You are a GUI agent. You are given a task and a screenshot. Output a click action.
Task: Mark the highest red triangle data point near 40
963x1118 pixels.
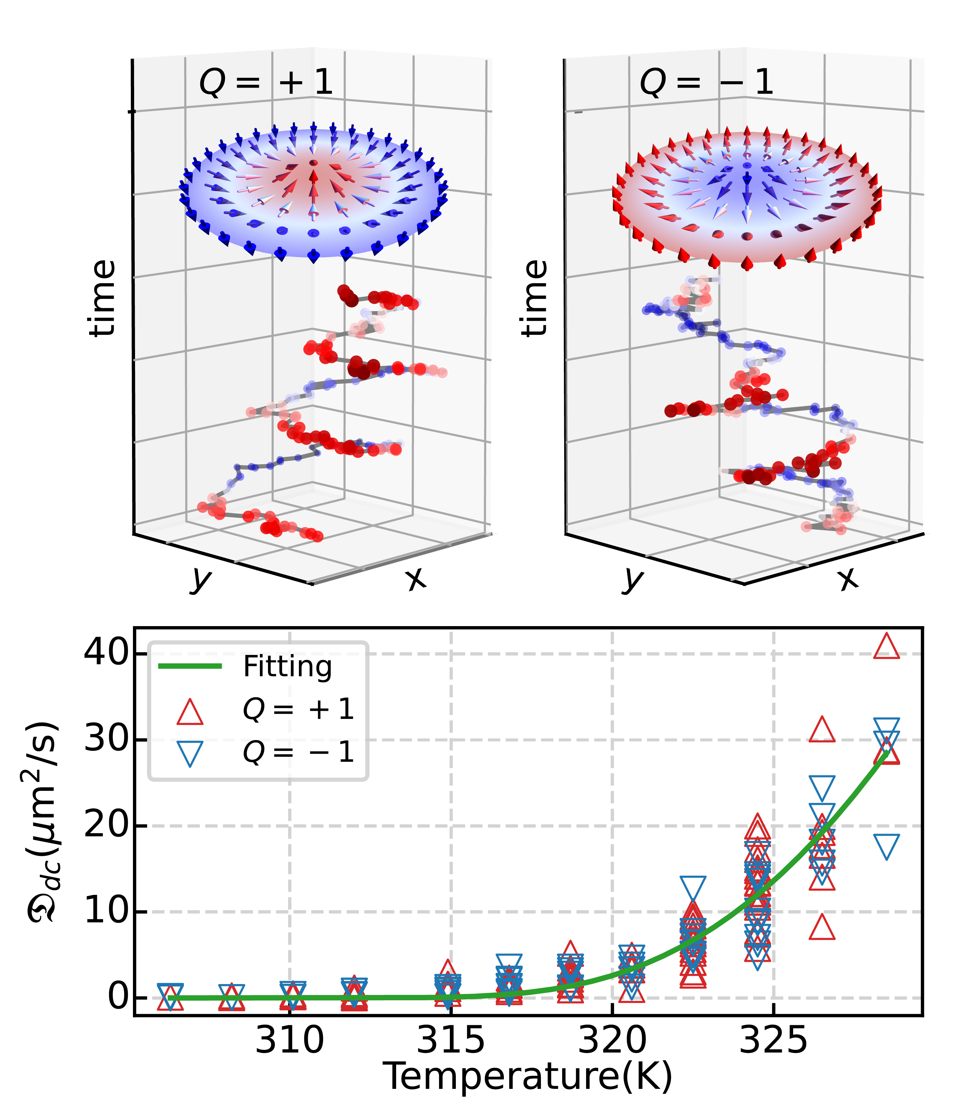886,647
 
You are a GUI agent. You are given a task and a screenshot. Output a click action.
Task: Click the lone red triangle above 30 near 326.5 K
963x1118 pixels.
822,731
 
